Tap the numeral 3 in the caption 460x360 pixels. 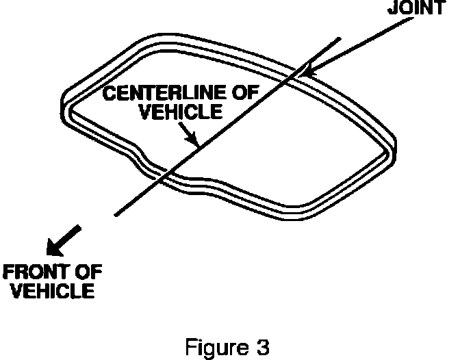[x=254, y=339]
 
